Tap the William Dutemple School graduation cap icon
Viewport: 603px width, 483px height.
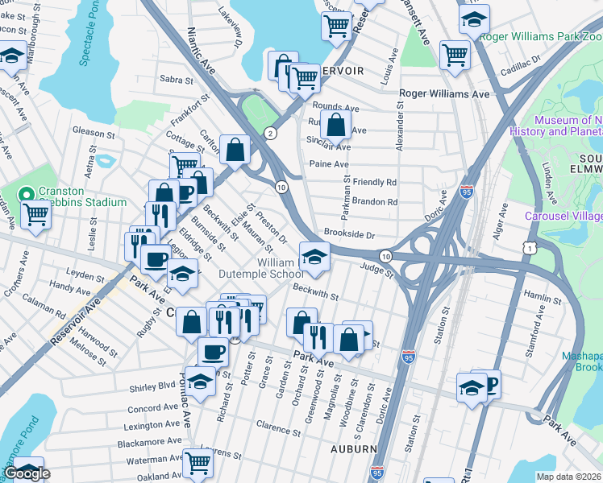(314, 257)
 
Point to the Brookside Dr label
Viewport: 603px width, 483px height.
(349, 234)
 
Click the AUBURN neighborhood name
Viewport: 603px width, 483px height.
(353, 448)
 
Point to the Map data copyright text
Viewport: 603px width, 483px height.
(569, 477)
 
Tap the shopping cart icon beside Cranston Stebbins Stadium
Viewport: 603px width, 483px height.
(35, 216)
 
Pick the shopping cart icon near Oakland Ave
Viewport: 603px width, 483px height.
(197, 463)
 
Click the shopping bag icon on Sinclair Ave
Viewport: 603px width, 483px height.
(335, 126)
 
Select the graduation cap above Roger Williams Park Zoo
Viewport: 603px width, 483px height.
(474, 19)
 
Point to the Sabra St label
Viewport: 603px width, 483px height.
(177, 80)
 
